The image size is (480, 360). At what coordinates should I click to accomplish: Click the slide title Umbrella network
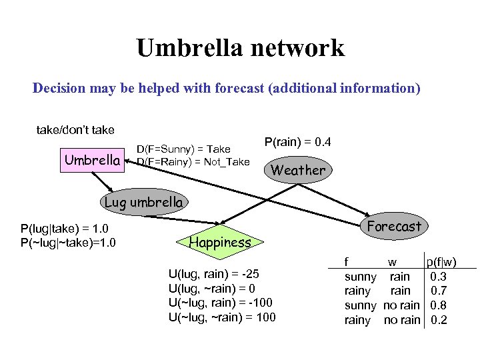pos(240,48)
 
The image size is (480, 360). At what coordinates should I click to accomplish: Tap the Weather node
pos(297,170)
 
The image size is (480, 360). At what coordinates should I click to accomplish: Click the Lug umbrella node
pos(143,202)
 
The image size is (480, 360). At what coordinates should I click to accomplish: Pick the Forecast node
pos(394,227)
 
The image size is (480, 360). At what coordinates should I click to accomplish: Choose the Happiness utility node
pos(220,243)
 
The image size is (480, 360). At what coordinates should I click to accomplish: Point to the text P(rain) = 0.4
pos(298,143)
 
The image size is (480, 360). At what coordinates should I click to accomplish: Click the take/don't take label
pos(75,129)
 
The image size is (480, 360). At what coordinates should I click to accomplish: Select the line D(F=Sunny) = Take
pos(183,149)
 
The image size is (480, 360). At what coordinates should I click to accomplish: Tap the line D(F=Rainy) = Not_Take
pos(193,161)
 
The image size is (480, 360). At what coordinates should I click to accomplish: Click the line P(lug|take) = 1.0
pos(64,229)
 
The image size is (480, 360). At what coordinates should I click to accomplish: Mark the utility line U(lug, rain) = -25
pos(214,274)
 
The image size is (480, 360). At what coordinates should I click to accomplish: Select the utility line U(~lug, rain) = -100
pos(221,303)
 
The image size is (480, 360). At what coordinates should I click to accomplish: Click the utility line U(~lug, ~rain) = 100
pos(223,317)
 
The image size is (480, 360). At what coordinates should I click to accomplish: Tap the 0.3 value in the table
pos(439,276)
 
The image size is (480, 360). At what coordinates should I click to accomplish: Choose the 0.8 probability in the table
pos(439,305)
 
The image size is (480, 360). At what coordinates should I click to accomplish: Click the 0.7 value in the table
pos(439,291)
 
